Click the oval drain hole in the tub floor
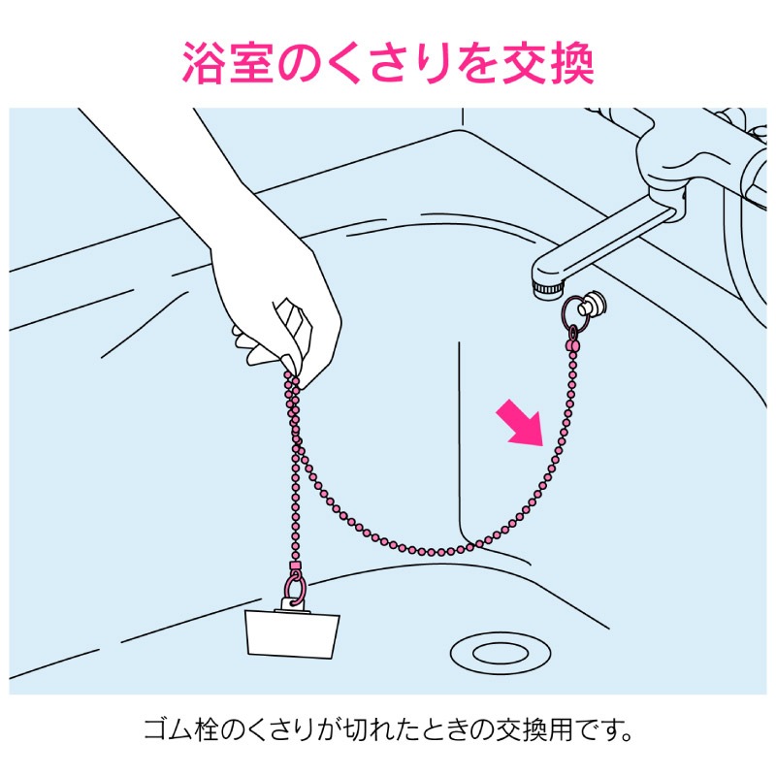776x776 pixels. [501, 653]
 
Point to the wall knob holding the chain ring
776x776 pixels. [592, 304]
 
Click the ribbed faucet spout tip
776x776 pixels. [548, 288]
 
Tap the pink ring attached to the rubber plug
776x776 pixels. [294, 589]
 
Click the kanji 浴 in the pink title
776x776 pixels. [203, 64]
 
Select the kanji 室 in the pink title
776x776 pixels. [251, 64]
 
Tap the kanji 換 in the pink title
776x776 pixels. [571, 64]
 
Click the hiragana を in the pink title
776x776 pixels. [475, 64]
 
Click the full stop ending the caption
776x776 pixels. [627, 736]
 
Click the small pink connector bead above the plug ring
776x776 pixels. [295, 565]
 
